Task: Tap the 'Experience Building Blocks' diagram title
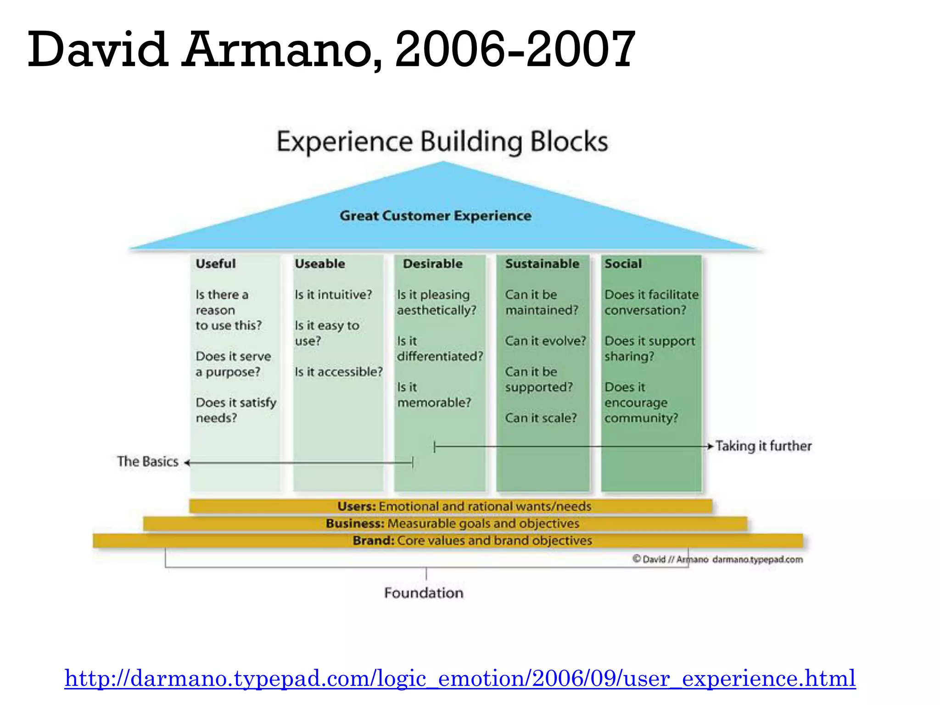[442, 142]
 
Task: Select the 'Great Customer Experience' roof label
[436, 216]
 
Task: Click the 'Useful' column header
[216, 264]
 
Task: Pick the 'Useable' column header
[320, 264]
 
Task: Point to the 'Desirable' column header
[433, 264]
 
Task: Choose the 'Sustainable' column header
[542, 264]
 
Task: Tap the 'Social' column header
[623, 264]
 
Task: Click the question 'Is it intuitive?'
[333, 295]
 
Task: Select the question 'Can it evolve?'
[545, 341]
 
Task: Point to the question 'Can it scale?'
[541, 418]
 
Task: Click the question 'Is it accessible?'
[338, 372]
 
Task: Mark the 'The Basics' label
[148, 461]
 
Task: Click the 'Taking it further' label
[763, 446]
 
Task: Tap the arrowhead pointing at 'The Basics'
[187, 463]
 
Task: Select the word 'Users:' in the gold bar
[357, 506]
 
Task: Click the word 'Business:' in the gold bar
[355, 524]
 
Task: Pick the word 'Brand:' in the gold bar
[373, 541]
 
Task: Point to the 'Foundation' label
[424, 593]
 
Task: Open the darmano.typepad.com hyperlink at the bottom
[460, 678]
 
